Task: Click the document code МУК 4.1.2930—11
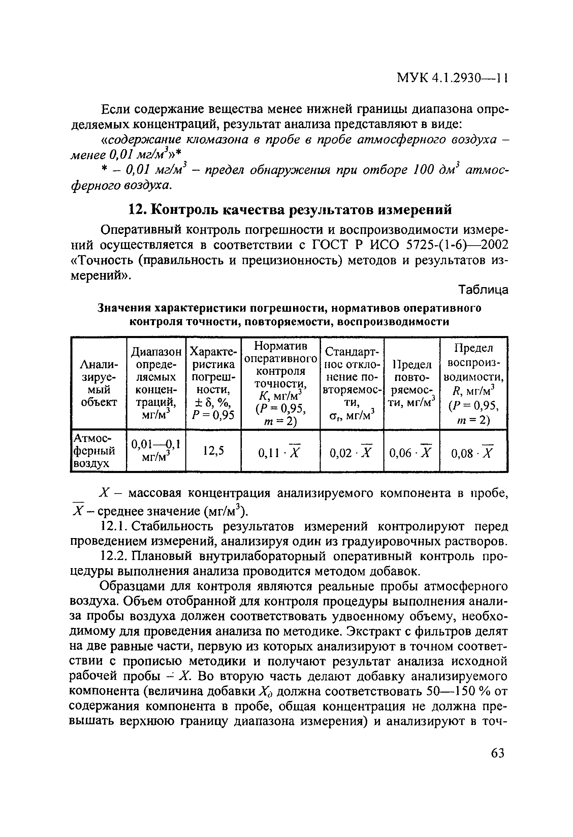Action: point(452,78)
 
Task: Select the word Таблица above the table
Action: point(483,290)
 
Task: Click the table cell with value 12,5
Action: point(213,450)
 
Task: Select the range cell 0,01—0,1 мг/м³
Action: point(156,451)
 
